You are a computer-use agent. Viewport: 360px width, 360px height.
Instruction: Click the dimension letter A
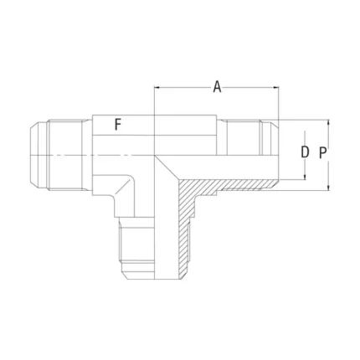pyautogui.click(x=217, y=86)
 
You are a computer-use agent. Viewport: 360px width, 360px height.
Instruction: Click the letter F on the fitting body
pyautogui.click(x=118, y=125)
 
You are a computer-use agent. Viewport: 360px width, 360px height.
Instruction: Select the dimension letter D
pyautogui.click(x=305, y=152)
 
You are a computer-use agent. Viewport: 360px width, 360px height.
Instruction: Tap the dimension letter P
pyautogui.click(x=323, y=153)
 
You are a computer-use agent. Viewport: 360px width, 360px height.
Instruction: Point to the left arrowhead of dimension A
pyautogui.click(x=157, y=88)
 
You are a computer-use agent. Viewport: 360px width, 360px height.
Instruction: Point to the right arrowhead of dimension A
pyautogui.click(x=276, y=88)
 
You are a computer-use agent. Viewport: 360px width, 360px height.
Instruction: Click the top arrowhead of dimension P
pyautogui.click(x=329, y=122)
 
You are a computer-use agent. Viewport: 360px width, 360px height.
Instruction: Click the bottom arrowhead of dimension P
pyautogui.click(x=329, y=188)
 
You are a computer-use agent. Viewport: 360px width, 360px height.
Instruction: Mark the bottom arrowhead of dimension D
pyautogui.click(x=305, y=177)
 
